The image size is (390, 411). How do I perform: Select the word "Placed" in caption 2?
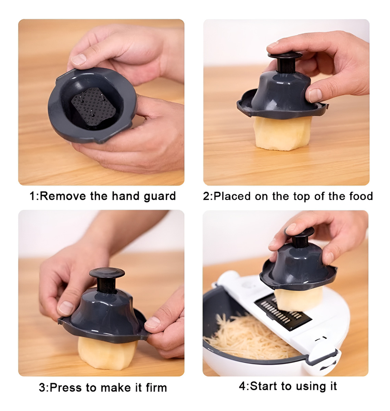point(232,196)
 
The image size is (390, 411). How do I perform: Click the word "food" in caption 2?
point(361,196)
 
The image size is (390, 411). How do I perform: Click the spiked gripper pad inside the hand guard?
point(93,106)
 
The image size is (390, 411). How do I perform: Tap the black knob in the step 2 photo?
point(285,61)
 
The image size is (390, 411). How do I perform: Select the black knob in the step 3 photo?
point(107,280)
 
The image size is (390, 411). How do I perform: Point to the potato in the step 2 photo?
point(282,134)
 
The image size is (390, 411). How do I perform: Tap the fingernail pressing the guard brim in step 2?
point(315,95)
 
